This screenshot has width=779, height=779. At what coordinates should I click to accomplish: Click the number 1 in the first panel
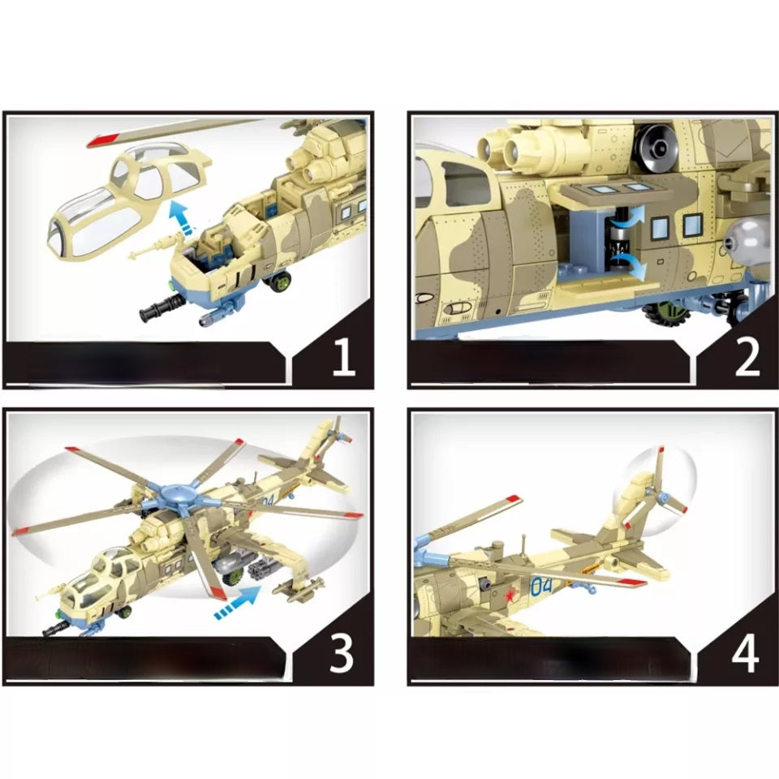(x=343, y=358)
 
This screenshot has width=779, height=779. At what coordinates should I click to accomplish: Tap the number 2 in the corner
(x=747, y=358)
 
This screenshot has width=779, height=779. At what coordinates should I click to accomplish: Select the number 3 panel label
(x=342, y=653)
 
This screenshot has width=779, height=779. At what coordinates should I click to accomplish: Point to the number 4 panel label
(x=746, y=654)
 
